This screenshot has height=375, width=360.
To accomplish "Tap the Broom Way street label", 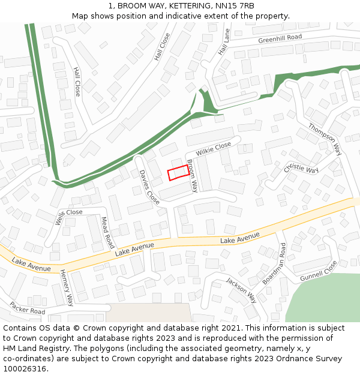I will pyautogui.click(x=192, y=176).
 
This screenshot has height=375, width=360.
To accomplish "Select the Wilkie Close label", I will pyautogui.click(x=212, y=147).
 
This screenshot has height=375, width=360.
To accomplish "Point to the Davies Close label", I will pyautogui.click(x=149, y=187).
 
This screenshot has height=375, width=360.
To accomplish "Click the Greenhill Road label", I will pyautogui.click(x=280, y=38).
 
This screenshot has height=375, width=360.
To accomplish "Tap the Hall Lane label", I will pyautogui.click(x=224, y=43).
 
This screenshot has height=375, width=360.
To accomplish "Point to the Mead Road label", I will pyautogui.click(x=107, y=233).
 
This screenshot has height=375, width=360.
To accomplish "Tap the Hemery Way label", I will pyautogui.click(x=67, y=287).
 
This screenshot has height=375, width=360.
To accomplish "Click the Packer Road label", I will pyautogui.click(x=27, y=308).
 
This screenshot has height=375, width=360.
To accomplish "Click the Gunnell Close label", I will pyautogui.click(x=319, y=271).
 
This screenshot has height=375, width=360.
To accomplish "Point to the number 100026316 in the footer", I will pyautogui.click(x=25, y=369).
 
